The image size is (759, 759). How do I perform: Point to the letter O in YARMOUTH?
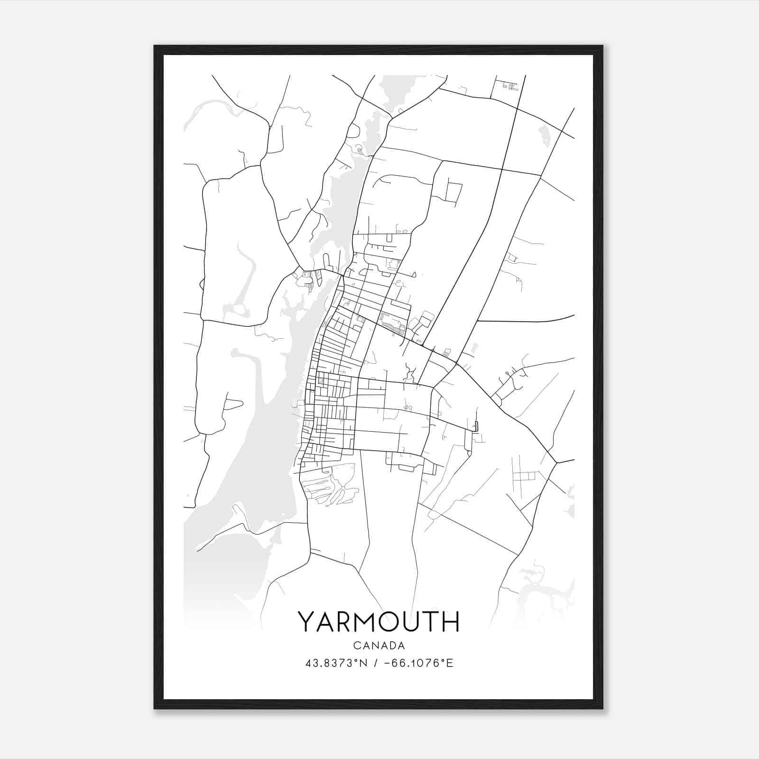pyautogui.click(x=389, y=622)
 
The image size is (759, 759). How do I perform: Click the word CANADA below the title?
pyautogui.click(x=379, y=646)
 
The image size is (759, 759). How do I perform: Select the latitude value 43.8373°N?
pyautogui.click(x=337, y=663)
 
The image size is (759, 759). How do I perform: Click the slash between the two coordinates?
pyautogui.click(x=375, y=663)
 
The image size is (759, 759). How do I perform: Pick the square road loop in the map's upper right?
pyautogui.click(x=454, y=192)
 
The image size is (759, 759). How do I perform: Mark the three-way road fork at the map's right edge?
pyautogui.click(x=556, y=462)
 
